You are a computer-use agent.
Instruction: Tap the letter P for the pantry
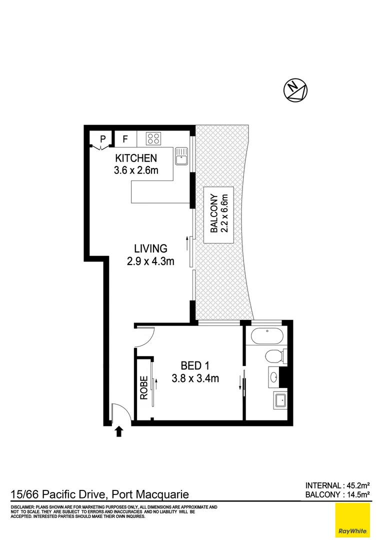(x=102, y=138)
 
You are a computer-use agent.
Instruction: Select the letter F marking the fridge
(x=125, y=138)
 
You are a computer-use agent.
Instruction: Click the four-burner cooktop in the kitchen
(x=153, y=138)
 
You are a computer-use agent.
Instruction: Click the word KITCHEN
(x=135, y=158)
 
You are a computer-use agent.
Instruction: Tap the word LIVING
(x=150, y=248)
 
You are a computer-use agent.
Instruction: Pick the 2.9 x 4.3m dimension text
(x=150, y=260)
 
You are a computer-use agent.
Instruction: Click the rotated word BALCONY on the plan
(x=213, y=213)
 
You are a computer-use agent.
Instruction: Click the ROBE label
(x=144, y=387)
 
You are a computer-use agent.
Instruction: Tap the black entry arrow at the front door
(x=118, y=431)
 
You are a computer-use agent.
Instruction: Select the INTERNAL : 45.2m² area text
(x=337, y=485)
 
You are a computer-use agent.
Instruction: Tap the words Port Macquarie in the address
(x=150, y=495)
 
